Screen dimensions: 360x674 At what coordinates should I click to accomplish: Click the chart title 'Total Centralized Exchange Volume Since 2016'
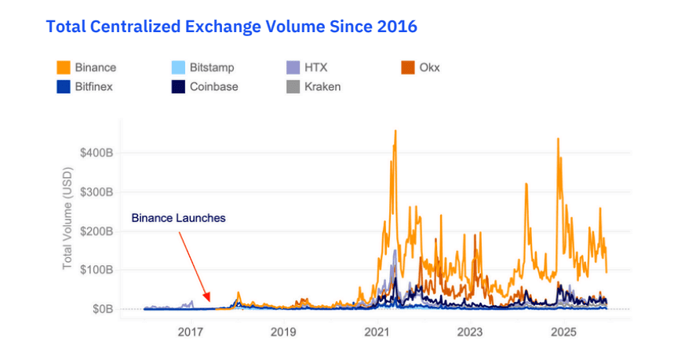pyautogui.click(x=231, y=27)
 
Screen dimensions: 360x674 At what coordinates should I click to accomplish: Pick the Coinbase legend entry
pyautogui.click(x=204, y=86)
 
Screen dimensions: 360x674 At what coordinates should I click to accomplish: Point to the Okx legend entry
pyautogui.click(x=420, y=67)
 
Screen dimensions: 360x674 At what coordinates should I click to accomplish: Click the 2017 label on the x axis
pyautogui.click(x=190, y=333)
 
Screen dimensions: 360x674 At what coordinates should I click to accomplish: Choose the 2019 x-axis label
pyautogui.click(x=283, y=333)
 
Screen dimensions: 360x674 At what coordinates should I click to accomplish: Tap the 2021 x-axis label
pyautogui.click(x=377, y=333)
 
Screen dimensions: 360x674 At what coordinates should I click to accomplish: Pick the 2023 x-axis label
pyautogui.click(x=470, y=333)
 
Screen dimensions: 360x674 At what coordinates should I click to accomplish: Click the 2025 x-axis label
pyautogui.click(x=563, y=333)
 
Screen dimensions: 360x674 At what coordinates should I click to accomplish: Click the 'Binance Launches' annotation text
pyautogui.click(x=178, y=218)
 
